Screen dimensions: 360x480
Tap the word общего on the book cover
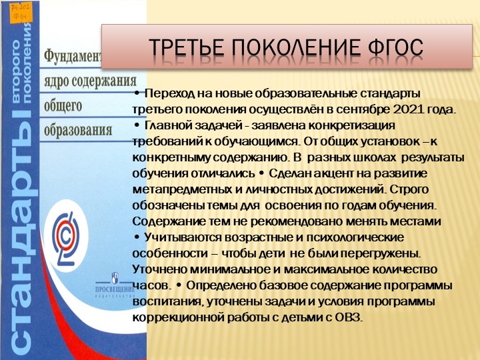(64, 105)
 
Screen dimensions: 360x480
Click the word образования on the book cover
(79, 129)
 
